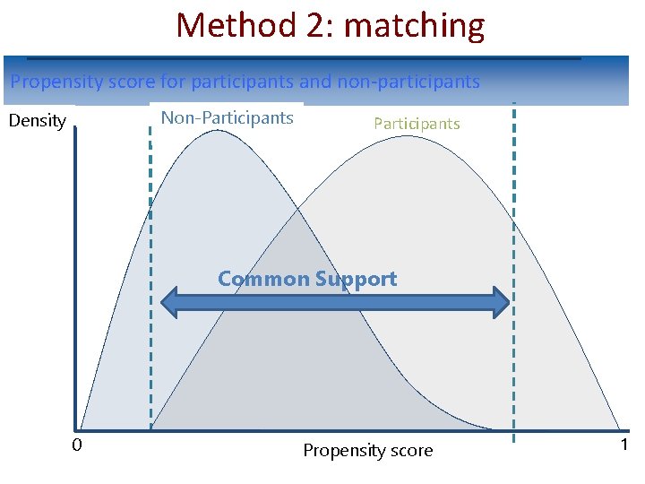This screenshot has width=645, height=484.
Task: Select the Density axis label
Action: click(x=38, y=120)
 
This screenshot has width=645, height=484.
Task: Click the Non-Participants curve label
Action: click(x=227, y=117)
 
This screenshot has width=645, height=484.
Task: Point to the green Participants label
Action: click(x=417, y=124)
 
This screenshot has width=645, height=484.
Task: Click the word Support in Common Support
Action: click(x=356, y=280)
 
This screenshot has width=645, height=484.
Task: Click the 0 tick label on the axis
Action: click(x=77, y=445)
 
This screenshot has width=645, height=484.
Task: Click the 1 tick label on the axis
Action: click(x=623, y=445)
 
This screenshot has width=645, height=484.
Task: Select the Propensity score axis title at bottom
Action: click(x=367, y=450)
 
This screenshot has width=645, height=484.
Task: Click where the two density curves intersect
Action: click(x=298, y=212)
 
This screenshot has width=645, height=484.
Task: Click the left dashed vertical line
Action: click(x=150, y=269)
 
